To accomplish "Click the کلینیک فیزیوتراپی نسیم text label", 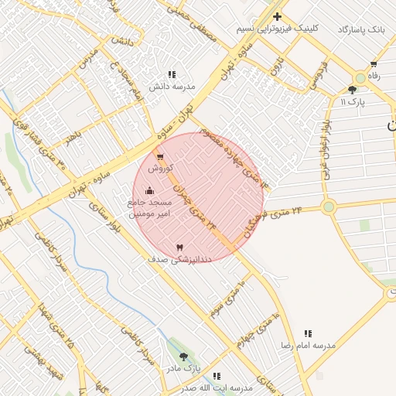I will [278, 29].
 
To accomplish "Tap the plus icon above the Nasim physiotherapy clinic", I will [277, 16].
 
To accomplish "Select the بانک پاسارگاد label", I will [360, 29].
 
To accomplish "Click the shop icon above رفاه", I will [374, 65].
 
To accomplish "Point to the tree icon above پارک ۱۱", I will [352, 90].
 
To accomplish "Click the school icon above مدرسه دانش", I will [172, 75].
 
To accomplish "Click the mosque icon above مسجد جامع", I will [149, 190].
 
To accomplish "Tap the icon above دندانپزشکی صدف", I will [180, 247].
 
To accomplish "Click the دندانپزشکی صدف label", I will [175, 260].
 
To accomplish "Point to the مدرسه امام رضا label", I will [308, 345].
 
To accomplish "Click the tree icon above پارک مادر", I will [183, 357].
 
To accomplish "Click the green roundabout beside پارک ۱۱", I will [360, 78].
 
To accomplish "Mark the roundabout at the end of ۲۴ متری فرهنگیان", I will [329, 207].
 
